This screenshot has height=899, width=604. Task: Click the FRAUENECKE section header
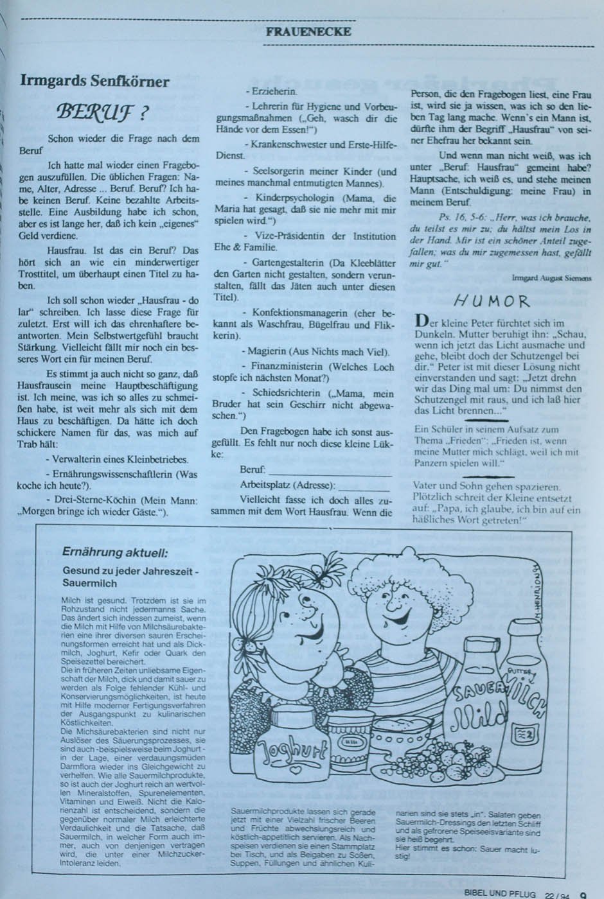pos(308,31)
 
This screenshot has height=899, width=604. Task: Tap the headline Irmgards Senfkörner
pos(94,82)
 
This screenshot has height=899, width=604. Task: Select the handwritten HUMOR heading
pos(491,301)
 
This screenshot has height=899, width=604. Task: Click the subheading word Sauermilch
pos(90,583)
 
